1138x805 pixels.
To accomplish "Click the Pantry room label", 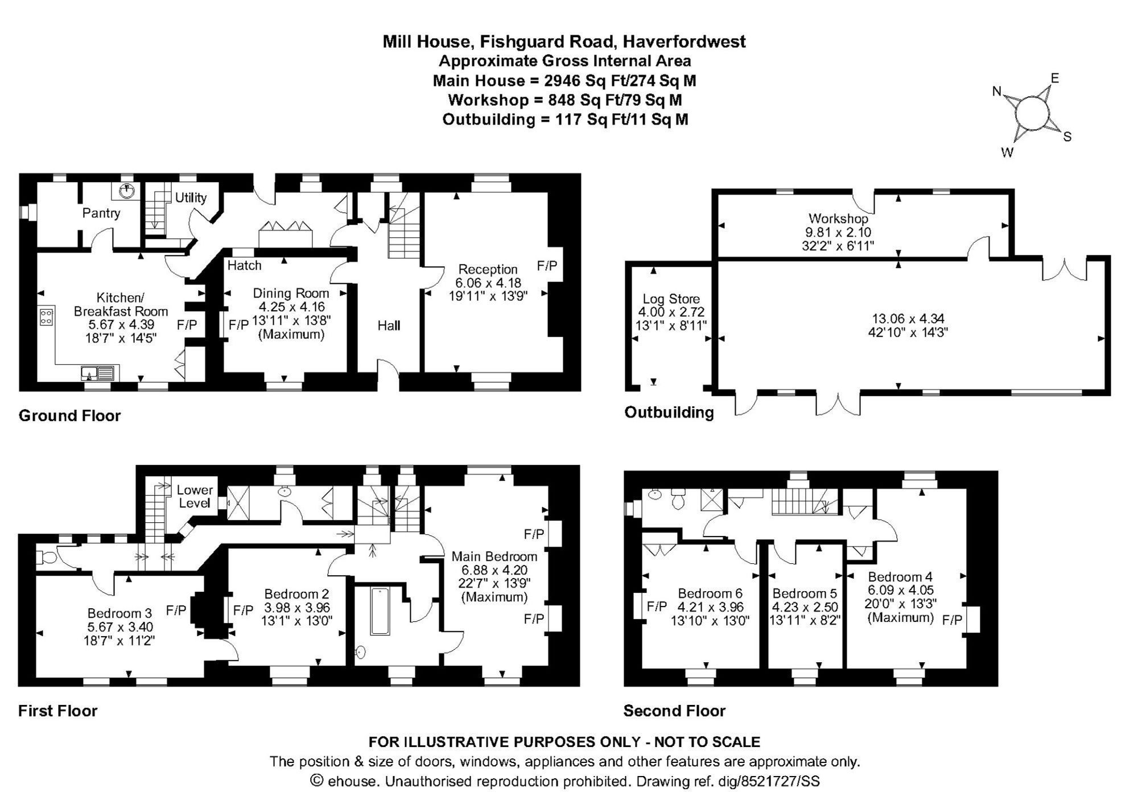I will pyautogui.click(x=101, y=213).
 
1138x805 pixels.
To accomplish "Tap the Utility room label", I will pyautogui.click(x=191, y=197).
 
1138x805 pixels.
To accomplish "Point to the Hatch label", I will pyautogui.click(x=244, y=265).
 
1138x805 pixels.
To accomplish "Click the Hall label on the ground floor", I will pyautogui.click(x=389, y=325).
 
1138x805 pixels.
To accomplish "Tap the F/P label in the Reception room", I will pyautogui.click(x=547, y=265).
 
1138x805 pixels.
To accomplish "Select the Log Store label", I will pyautogui.click(x=671, y=299).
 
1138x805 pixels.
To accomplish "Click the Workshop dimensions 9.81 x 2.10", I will pyautogui.click(x=838, y=232).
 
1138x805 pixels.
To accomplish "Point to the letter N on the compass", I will pyautogui.click(x=996, y=91).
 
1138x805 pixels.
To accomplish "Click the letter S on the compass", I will pyautogui.click(x=1067, y=137).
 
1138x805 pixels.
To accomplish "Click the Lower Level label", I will pyautogui.click(x=195, y=496).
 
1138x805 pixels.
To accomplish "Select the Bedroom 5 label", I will pyautogui.click(x=804, y=593).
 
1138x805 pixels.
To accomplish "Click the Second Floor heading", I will pyautogui.click(x=674, y=711).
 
